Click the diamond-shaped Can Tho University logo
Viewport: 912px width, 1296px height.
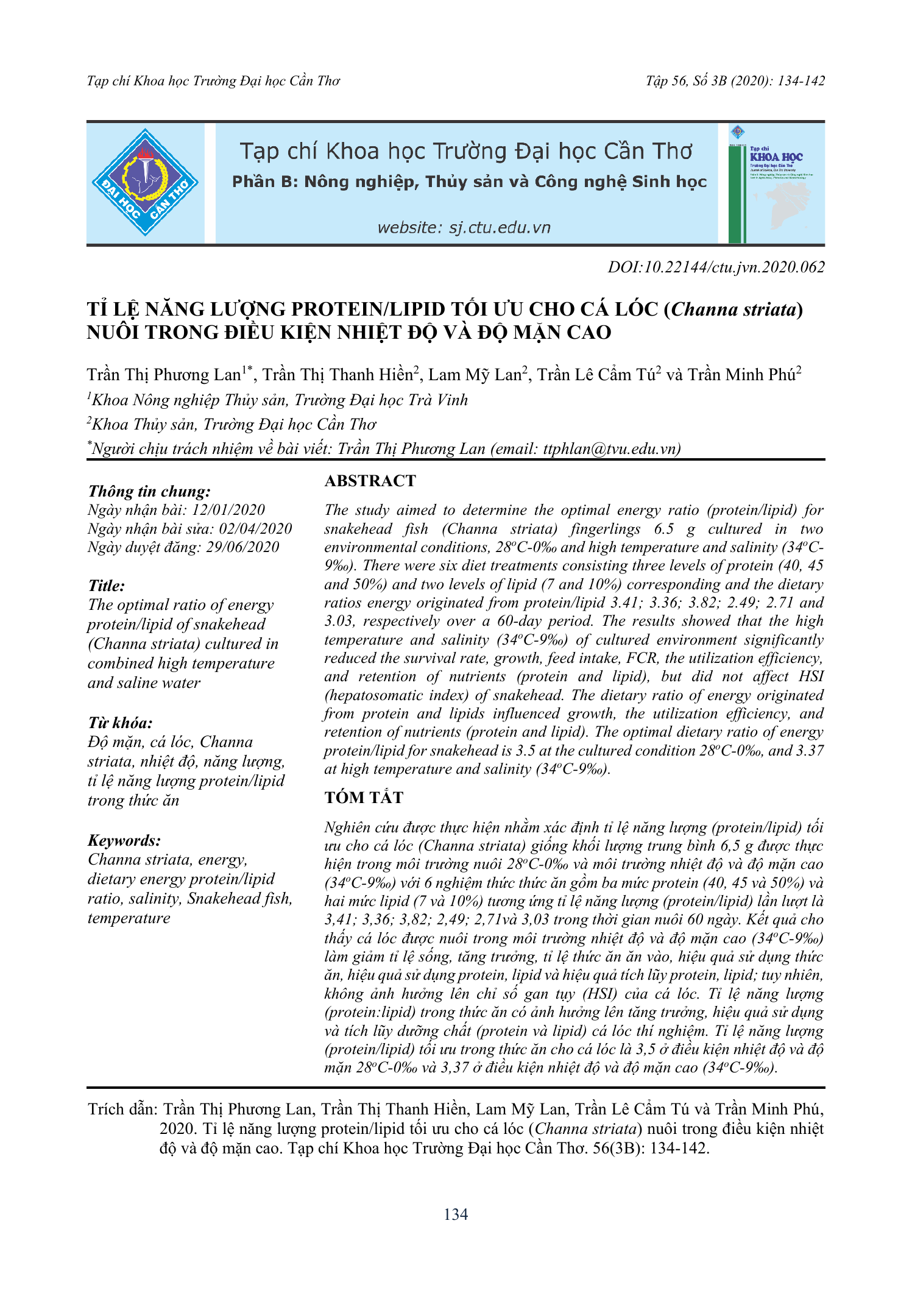pyautogui.click(x=145, y=182)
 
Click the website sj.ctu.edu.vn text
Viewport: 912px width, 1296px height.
pyautogui.click(x=464, y=228)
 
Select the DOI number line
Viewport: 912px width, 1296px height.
pyautogui.click(x=716, y=267)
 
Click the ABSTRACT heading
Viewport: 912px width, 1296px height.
pyautogui.click(x=370, y=481)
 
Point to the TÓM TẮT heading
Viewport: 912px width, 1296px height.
pyautogui.click(x=364, y=798)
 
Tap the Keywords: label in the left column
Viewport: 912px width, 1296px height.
pyautogui.click(x=124, y=840)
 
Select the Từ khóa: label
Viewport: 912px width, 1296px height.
pyautogui.click(x=120, y=723)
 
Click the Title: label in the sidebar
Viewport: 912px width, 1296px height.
pyautogui.click(x=107, y=586)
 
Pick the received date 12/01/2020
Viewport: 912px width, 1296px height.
pyautogui.click(x=228, y=510)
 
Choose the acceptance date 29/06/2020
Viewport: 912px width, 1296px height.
pyautogui.click(x=242, y=547)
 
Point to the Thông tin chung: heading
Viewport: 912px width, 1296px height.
pyautogui.click(x=149, y=491)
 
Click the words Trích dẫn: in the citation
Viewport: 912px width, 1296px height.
pyautogui.click(x=122, y=1109)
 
